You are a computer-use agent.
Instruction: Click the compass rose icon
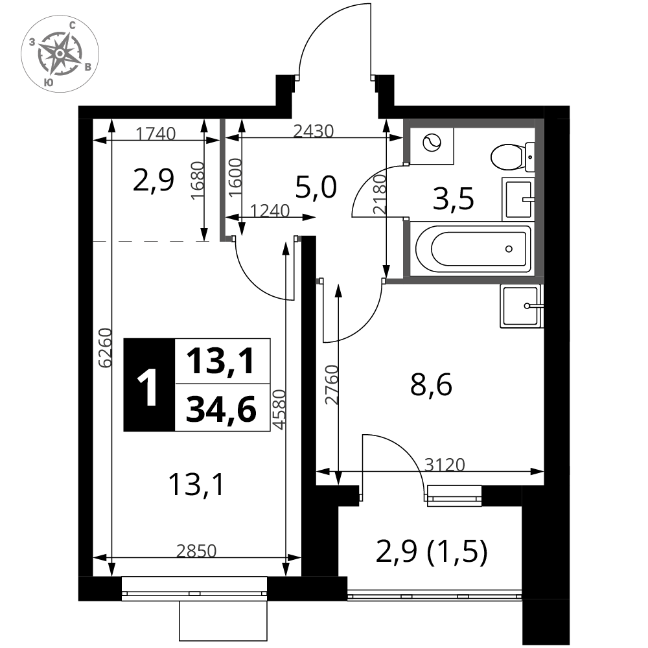tap(60, 54)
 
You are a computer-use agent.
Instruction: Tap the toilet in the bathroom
tap(513, 157)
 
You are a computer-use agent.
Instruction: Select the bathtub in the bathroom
tap(473, 249)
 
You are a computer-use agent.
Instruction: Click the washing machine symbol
tap(432, 144)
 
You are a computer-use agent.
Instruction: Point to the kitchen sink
tap(521, 306)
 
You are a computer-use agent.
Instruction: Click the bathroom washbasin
tap(518, 199)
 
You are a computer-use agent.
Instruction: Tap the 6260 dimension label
tap(105, 347)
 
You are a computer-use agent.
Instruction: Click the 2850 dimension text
tap(196, 551)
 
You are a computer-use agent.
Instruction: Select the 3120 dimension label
tap(445, 465)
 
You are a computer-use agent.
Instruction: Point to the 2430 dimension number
tap(313, 131)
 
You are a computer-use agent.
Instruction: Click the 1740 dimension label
tap(156, 133)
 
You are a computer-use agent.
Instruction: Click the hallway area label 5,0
tap(317, 187)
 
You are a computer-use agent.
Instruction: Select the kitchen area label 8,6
tap(431, 385)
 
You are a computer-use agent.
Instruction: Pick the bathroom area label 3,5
tap(454, 199)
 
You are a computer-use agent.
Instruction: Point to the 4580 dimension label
tap(280, 410)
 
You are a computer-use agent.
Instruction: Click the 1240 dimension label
tap(270, 211)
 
